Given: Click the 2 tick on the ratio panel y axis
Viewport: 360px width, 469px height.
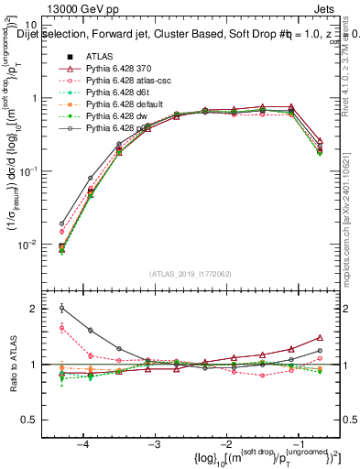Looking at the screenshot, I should [40, 309].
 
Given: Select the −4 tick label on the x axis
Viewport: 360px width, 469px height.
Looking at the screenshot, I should [83, 444].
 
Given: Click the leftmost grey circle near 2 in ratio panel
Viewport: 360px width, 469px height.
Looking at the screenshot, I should [62, 308].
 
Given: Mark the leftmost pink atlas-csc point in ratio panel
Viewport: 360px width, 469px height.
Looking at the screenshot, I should [62, 327].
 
